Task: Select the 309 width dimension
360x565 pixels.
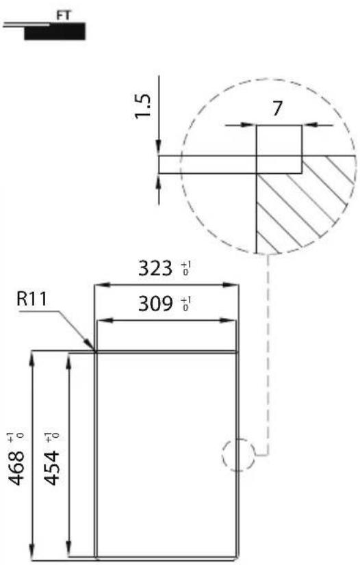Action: (x=157, y=304)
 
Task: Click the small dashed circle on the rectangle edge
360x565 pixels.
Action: (x=237, y=454)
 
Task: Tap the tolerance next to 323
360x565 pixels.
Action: (x=185, y=267)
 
